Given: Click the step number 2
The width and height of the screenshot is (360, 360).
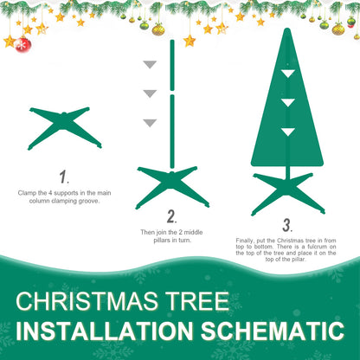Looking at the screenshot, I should coord(171,216).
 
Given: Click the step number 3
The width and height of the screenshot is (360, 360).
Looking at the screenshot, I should coord(286,225).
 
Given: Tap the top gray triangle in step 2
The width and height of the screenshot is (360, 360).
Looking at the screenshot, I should coord(150,65).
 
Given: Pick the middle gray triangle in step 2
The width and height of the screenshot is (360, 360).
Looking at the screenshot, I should coord(150,93).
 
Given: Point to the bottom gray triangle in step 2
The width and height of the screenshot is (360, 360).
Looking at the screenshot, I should coord(150,123).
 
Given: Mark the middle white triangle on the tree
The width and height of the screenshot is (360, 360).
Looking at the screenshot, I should coord(286,103).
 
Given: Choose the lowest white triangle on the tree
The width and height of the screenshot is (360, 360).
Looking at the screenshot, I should coord(286,132).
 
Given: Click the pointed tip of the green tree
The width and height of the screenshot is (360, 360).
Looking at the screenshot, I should coord(286,31).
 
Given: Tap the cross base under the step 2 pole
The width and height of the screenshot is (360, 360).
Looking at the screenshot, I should coord(172,184).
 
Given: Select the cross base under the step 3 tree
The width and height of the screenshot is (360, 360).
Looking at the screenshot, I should coord(287,192).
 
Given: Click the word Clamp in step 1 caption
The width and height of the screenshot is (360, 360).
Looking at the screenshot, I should coord(29,192).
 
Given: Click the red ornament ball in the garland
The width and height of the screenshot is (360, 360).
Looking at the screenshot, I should coord(23,44).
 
